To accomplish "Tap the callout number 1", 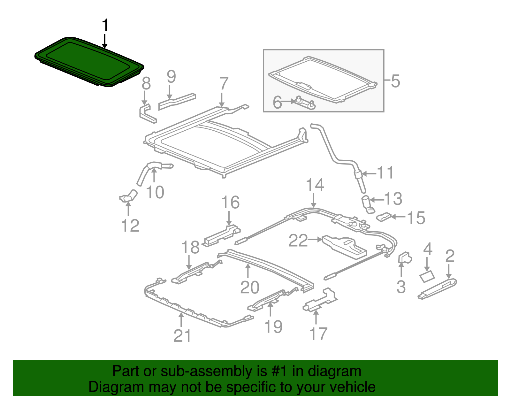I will click(105, 25).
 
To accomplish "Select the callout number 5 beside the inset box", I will click(395, 81).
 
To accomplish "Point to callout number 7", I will click(224, 84).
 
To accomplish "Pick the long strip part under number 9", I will click(177, 101).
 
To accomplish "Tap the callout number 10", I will click(155, 193).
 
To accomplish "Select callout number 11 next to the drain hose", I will click(385, 173).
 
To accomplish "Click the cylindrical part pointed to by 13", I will click(366, 204).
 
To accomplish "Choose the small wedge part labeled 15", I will click(384, 217).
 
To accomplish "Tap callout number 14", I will click(315, 185).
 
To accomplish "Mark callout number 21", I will click(182, 336).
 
